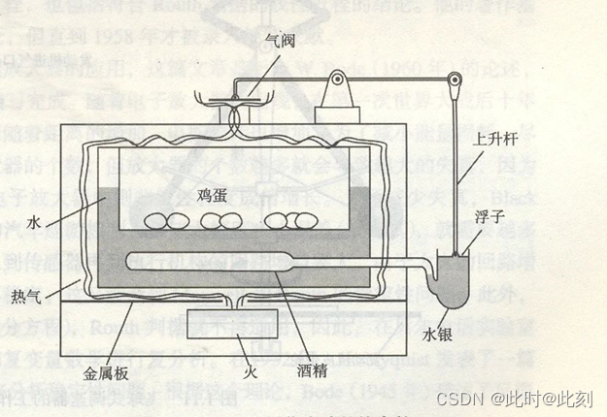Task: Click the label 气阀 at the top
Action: click(x=281, y=41)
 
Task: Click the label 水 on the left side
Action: click(x=35, y=222)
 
